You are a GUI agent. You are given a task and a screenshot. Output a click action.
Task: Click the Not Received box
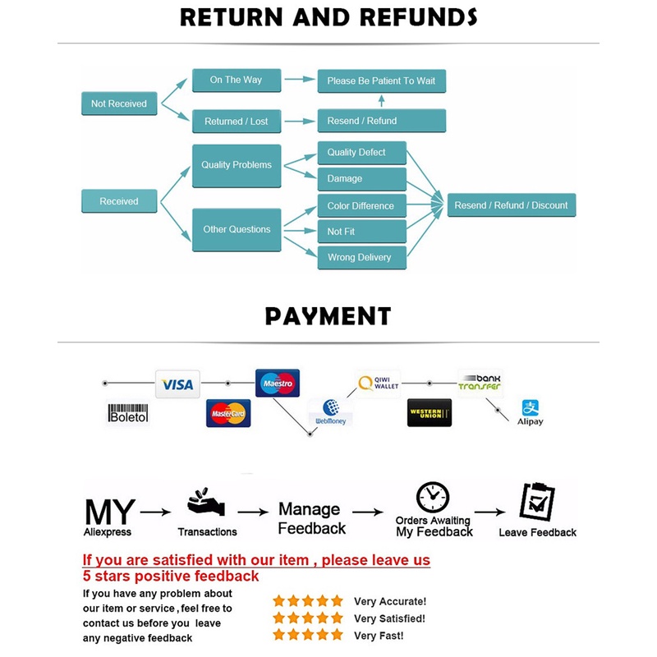point(119,103)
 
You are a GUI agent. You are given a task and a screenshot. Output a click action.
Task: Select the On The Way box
point(236,80)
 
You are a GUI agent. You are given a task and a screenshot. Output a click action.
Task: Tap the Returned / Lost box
point(236,121)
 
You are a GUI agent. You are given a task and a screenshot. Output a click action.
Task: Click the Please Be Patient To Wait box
point(381,80)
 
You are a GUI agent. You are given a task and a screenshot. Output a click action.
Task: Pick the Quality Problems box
point(237,165)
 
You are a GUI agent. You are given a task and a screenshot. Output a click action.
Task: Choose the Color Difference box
point(361,205)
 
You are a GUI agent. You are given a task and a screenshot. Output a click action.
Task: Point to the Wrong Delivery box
point(361,257)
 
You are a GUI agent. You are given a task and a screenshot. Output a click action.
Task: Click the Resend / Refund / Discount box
point(511,205)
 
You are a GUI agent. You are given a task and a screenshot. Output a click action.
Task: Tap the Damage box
point(361,178)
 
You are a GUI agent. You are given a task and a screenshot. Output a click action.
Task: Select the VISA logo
point(177,384)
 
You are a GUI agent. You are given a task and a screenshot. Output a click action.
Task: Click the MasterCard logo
point(228,414)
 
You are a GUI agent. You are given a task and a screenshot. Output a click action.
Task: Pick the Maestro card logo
point(278,383)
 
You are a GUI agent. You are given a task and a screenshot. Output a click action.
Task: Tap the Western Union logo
point(430,412)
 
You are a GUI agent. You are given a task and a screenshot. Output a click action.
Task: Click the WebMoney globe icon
point(332,407)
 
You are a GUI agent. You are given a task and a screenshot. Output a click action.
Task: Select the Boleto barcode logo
point(128,412)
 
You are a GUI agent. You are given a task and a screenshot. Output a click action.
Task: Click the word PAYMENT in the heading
point(328,316)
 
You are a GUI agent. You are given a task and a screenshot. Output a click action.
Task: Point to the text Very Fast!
point(379,635)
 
